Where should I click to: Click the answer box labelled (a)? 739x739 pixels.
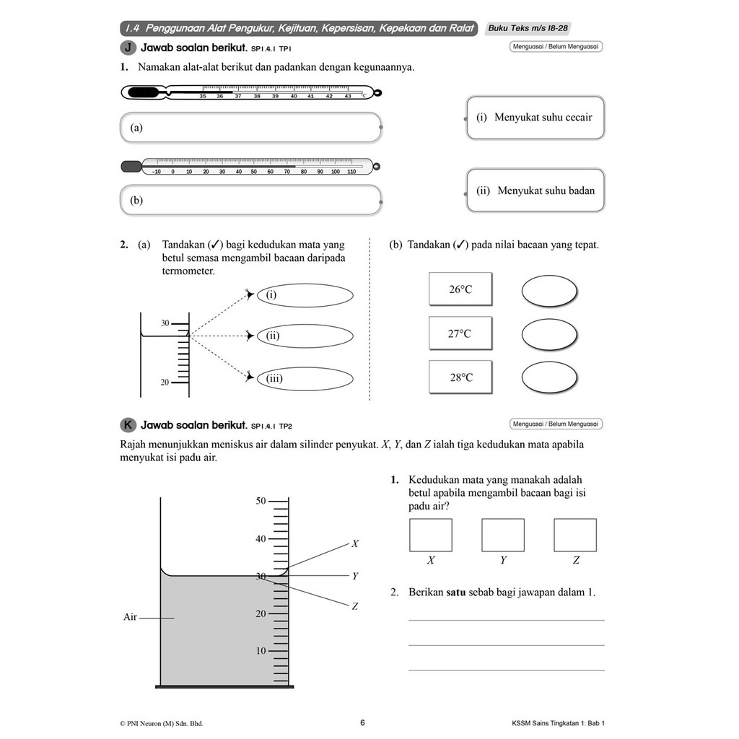(250, 128)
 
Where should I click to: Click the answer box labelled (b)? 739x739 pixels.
(250, 200)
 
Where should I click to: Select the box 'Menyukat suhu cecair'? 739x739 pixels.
(535, 118)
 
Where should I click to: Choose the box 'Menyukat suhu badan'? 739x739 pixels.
(535, 191)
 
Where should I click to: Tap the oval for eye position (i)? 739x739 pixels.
(305, 295)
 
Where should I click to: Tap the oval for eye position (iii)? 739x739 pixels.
(305, 378)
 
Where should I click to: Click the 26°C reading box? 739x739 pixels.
(460, 289)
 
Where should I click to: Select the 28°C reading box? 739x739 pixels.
(460, 377)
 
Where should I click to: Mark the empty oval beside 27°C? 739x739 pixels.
(549, 334)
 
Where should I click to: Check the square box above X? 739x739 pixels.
(431, 535)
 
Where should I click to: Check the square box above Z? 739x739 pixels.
(575, 535)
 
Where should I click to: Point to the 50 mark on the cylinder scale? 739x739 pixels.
(261, 501)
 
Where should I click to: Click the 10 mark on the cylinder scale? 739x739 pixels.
(261, 651)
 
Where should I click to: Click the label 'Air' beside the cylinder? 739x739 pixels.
(130, 617)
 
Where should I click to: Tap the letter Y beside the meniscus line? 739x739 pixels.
(355, 577)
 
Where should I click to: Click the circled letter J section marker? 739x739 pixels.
(128, 48)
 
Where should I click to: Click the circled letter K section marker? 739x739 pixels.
(128, 424)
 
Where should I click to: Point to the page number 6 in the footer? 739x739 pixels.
(362, 722)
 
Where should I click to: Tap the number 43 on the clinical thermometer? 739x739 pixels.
(348, 96)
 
